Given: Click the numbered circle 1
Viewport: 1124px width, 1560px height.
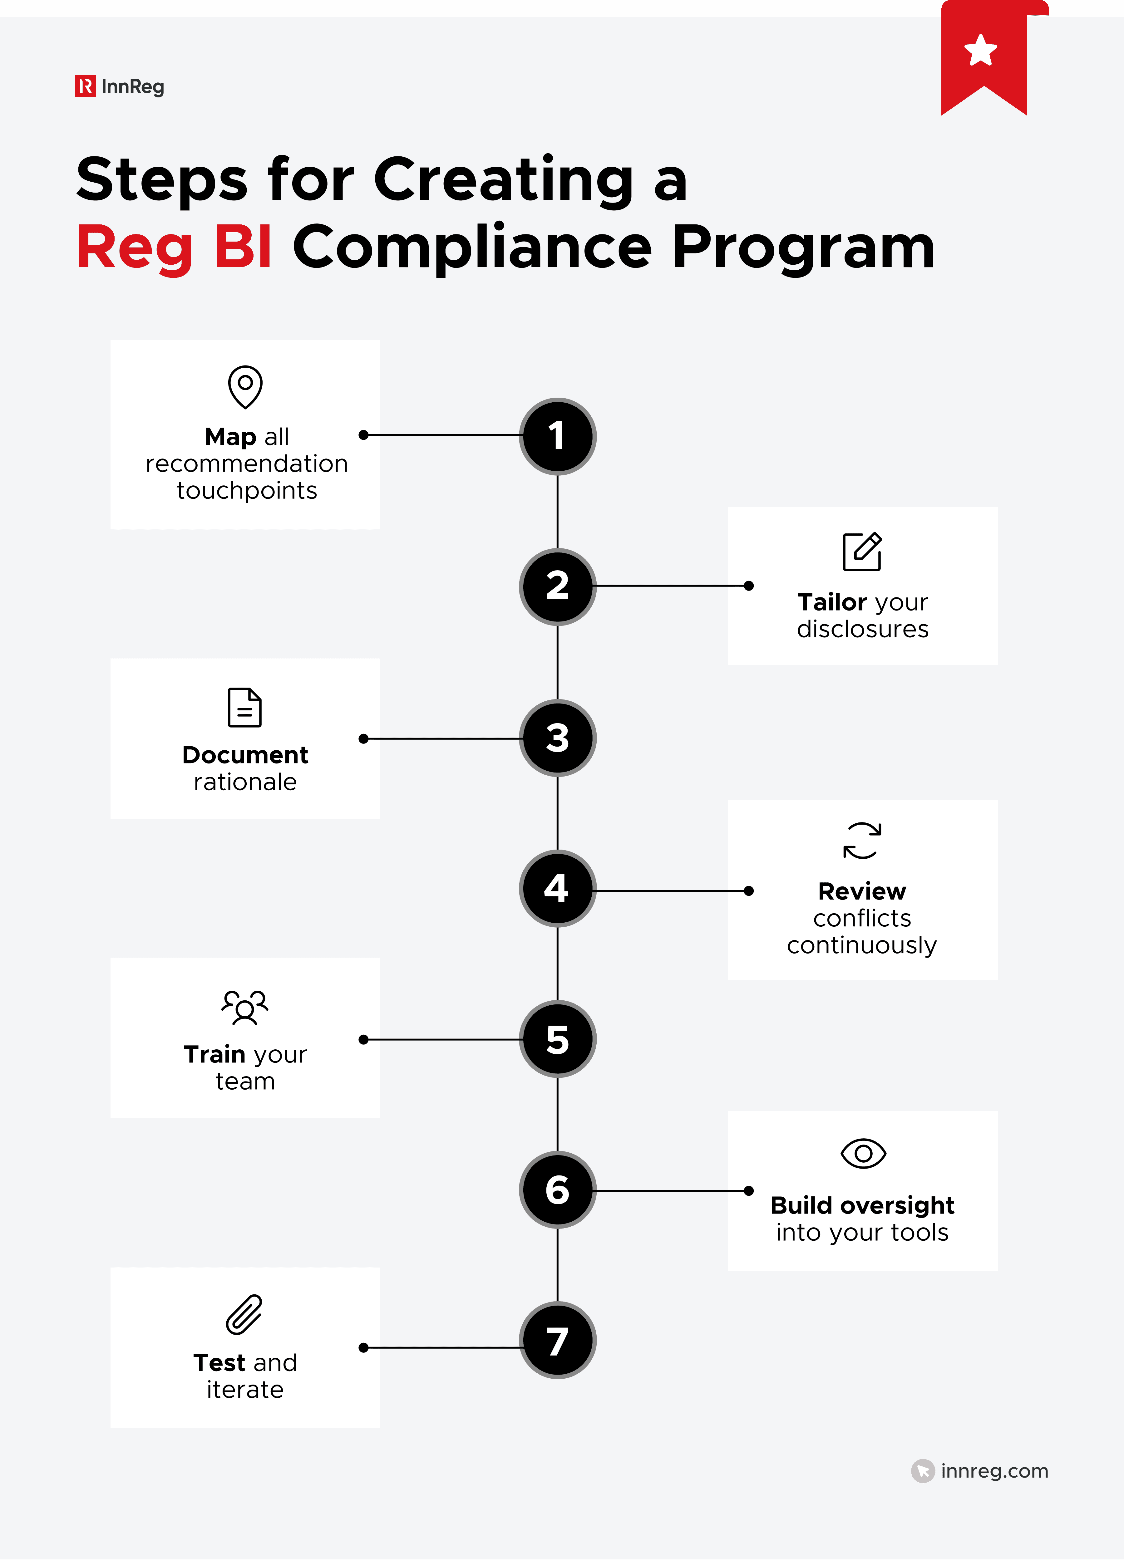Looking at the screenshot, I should (x=557, y=436).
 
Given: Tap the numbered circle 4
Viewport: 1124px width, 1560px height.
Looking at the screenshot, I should (x=557, y=889).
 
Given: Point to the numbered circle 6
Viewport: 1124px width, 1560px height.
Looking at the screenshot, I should (x=557, y=1190).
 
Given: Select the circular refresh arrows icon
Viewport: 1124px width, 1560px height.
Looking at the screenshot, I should (x=862, y=841).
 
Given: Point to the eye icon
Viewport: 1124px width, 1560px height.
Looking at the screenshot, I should (x=863, y=1154).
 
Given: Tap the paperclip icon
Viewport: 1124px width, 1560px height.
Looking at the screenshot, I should (x=245, y=1314).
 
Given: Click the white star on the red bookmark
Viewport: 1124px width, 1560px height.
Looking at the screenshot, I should (x=980, y=50).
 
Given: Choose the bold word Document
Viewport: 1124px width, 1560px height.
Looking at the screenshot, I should (x=245, y=755).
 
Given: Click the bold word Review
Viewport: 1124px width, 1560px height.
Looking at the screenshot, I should (x=862, y=891).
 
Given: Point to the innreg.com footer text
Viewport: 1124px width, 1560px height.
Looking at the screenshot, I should (x=994, y=1471).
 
